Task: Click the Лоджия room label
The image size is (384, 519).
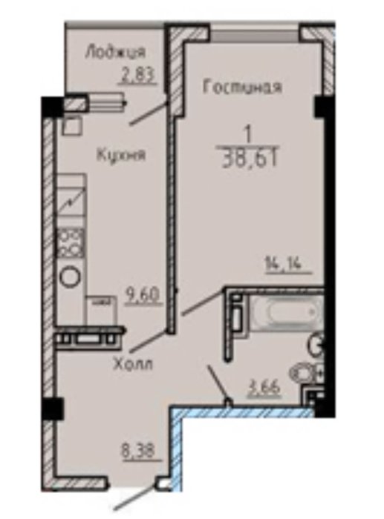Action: click(x=115, y=53)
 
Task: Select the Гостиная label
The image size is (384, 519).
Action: click(x=242, y=87)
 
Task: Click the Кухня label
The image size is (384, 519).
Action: click(x=121, y=154)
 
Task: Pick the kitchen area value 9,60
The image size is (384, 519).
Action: click(x=143, y=294)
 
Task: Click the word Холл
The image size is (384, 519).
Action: click(x=133, y=365)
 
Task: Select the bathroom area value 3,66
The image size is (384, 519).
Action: click(x=265, y=387)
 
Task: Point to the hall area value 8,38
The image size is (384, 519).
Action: click(x=138, y=451)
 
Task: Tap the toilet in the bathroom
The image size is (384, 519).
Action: click(x=306, y=374)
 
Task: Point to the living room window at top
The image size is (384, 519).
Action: click(x=255, y=33)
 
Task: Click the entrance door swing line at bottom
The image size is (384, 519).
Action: click(x=136, y=498)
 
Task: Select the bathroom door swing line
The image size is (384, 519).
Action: click(x=219, y=385)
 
